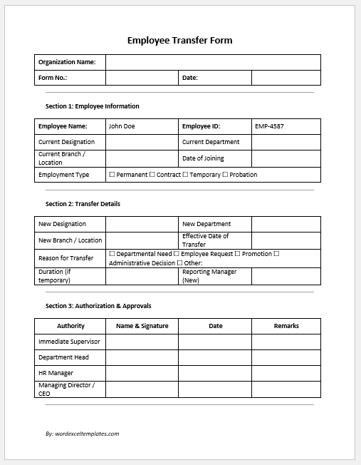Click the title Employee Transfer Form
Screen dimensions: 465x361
tap(179, 41)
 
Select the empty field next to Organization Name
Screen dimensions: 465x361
tap(213, 62)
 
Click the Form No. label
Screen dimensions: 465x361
tap(52, 78)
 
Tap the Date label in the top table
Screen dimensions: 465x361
tap(190, 78)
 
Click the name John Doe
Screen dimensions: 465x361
tap(121, 126)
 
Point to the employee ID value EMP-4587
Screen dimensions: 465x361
tap(269, 126)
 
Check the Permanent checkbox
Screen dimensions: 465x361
tap(112, 175)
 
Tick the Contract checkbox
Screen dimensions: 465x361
tap(152, 175)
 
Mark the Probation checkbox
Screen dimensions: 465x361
tap(226, 175)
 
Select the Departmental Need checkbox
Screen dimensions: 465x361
tap(112, 254)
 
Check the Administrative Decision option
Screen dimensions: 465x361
tap(142, 262)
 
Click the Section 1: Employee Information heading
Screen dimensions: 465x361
tap(92, 106)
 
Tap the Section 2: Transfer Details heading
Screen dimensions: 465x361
tap(83, 204)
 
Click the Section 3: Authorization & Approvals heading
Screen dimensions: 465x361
tap(98, 306)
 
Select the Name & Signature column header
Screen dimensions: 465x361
tap(142, 326)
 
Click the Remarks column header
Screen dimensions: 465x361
tap(286, 326)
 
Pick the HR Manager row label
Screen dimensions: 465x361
tap(56, 373)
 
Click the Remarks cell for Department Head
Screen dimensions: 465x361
tap(286, 357)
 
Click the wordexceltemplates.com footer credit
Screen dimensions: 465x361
tap(82, 434)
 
